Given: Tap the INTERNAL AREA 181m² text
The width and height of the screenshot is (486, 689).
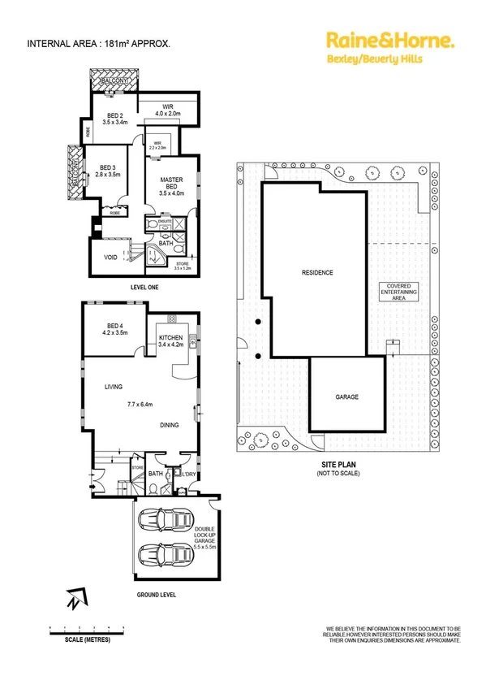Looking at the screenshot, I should coord(99,44).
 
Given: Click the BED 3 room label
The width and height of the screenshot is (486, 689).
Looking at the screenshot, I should coord(107,169).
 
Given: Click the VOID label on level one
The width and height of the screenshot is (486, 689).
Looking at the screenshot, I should coord(110,258).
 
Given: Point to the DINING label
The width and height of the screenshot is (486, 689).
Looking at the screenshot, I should coord(170,425).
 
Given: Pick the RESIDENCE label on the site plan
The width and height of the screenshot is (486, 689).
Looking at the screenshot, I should coord(317,273).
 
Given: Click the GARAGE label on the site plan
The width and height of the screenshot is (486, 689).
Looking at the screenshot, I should coord(347,397).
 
